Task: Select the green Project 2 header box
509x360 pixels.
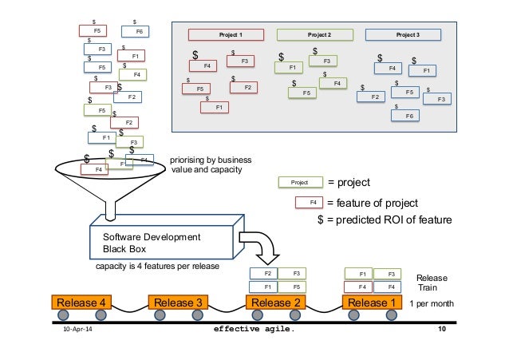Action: coord(308,34)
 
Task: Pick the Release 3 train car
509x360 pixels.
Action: coord(178,303)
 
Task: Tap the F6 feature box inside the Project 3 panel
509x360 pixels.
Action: coord(408,116)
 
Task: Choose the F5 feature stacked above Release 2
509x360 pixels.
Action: coord(294,286)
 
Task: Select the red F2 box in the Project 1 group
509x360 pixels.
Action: coord(243,87)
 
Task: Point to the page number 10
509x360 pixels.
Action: coord(441,328)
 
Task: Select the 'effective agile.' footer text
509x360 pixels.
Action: coord(260,328)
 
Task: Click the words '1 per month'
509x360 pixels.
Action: coord(432,303)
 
